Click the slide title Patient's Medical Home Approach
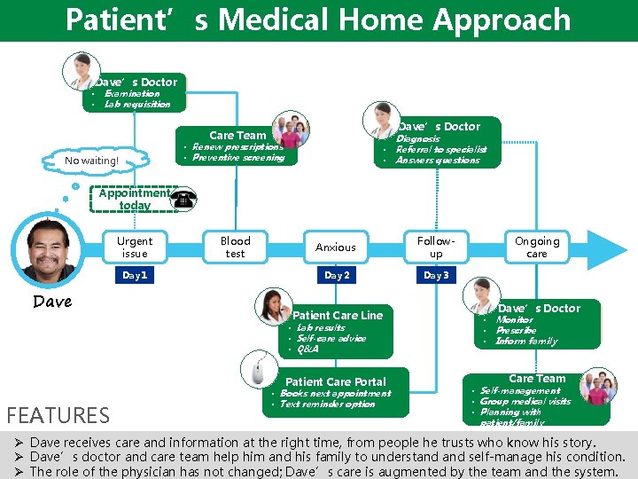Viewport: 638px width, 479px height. [318, 20]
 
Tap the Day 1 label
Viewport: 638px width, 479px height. [135, 276]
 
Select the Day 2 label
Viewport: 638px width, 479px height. [336, 276]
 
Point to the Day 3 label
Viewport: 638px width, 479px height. [436, 276]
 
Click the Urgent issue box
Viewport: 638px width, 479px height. [135, 247]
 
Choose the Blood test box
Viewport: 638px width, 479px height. [235, 247]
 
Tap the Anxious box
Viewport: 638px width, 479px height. [336, 247]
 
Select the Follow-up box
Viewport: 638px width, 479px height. [436, 247]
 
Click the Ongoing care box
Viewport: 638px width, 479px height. [537, 247]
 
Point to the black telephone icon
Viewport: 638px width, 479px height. [184, 200]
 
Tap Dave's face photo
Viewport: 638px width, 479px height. [51, 250]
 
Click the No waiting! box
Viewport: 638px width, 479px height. [91, 161]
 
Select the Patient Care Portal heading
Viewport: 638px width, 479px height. [336, 381]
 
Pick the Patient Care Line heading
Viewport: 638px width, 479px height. [338, 315]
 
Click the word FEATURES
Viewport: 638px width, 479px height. [58, 414]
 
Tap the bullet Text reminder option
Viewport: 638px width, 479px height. [327, 404]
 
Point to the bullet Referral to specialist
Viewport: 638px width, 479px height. [440, 150]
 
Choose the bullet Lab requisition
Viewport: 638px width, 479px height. [137, 104]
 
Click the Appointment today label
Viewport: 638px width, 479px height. [135, 199]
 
